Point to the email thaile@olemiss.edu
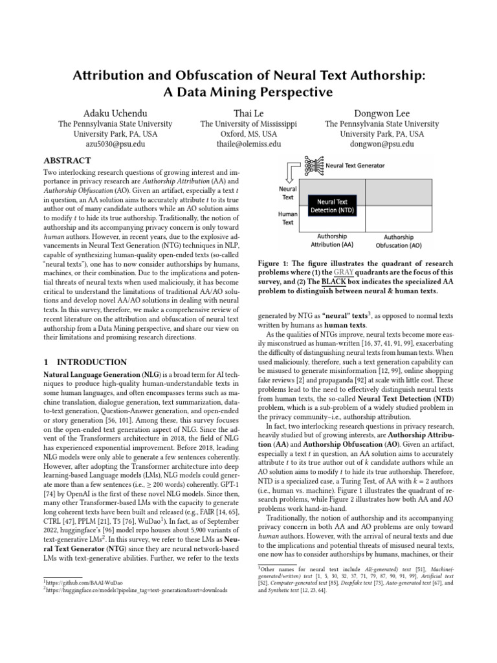tap(248, 144)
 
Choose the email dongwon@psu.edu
tap(381, 144)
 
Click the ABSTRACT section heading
tap(67, 160)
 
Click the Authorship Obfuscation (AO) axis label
tap(399, 242)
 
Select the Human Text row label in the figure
tap(287, 218)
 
